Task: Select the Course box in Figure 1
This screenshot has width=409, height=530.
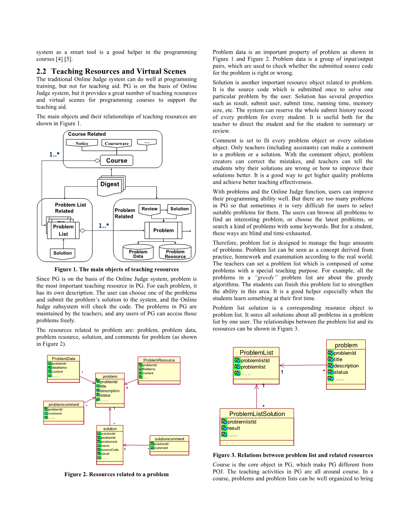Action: pyautogui.click(x=116, y=160)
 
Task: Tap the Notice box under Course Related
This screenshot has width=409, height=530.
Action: pyautogui.click(x=82, y=143)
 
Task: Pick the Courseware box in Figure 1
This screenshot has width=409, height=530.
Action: pyautogui.click(x=116, y=143)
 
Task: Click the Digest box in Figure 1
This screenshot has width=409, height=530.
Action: pyautogui.click(x=110, y=184)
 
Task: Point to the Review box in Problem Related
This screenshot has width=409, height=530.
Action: pyautogui.click(x=150, y=209)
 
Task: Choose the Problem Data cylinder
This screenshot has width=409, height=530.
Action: pyautogui.click(x=138, y=254)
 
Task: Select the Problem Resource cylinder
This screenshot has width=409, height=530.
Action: pyautogui.click(x=175, y=254)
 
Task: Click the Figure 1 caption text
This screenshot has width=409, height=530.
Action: pyautogui.click(x=116, y=269)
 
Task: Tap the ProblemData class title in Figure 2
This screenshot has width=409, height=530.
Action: pyautogui.click(x=63, y=358)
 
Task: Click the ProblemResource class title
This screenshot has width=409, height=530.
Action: pyautogui.click(x=159, y=360)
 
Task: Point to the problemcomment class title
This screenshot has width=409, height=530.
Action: pyautogui.click(x=64, y=404)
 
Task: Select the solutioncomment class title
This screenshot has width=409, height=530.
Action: pyautogui.click(x=169, y=439)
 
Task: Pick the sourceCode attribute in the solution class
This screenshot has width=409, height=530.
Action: pyautogui.click(x=109, y=450)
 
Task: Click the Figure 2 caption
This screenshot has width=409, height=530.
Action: pyautogui.click(x=116, y=474)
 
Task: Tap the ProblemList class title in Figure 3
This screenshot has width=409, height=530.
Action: pyautogui.click(x=256, y=353)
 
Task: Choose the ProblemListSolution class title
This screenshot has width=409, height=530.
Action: pyautogui.click(x=256, y=414)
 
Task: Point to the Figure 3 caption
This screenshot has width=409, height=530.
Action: pyautogui.click(x=293, y=455)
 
